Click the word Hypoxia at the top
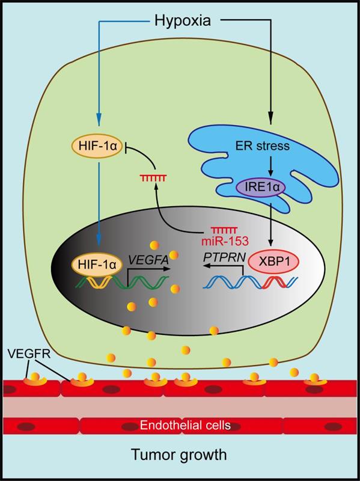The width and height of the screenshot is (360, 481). (x=183, y=22)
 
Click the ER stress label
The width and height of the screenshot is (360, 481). (x=262, y=146)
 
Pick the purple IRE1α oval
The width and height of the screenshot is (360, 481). (x=260, y=187)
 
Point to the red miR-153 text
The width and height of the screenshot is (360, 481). (x=225, y=241)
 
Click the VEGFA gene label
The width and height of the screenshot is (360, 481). (x=149, y=260)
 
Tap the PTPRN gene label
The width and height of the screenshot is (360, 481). (x=224, y=258)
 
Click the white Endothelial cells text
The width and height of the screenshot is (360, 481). (x=185, y=425)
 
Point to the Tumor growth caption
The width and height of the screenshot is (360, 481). (x=179, y=455)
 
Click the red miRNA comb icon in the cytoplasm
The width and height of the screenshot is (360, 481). (x=153, y=177)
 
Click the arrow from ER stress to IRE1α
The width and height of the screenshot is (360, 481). (x=270, y=166)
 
